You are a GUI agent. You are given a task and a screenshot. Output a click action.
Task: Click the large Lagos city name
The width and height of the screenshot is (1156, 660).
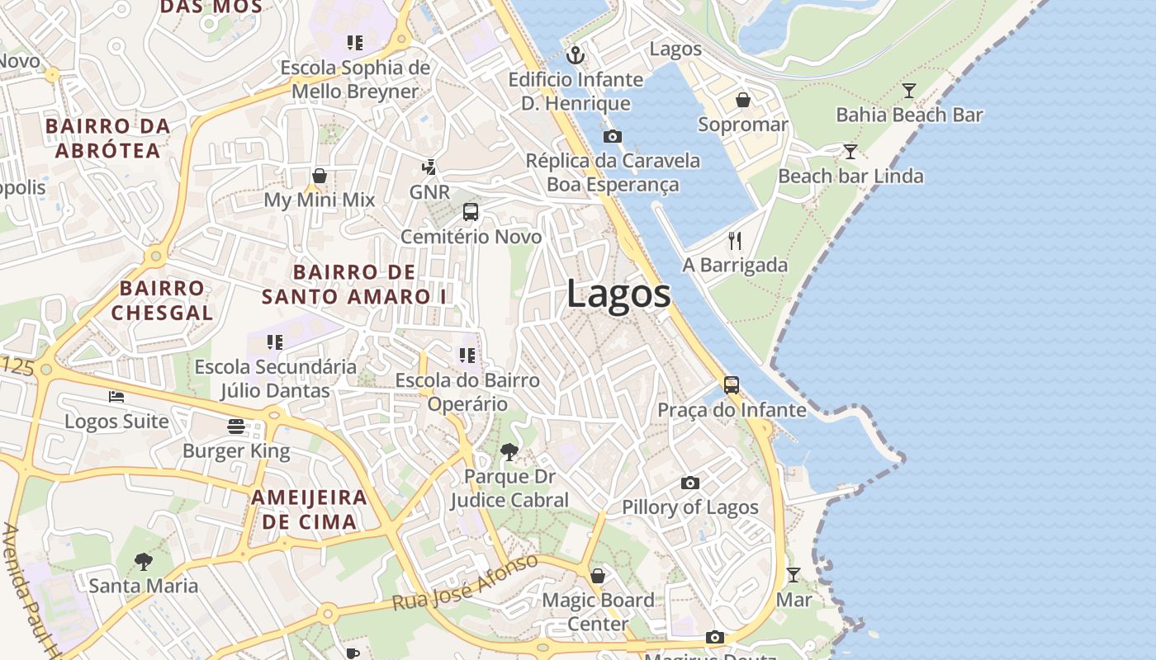(618, 295)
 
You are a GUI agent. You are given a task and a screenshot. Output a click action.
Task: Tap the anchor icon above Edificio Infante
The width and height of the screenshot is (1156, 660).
(576, 56)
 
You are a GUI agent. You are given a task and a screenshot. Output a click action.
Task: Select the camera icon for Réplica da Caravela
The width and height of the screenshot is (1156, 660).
(612, 136)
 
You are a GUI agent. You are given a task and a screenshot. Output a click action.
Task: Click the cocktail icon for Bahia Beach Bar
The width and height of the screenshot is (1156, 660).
(909, 91)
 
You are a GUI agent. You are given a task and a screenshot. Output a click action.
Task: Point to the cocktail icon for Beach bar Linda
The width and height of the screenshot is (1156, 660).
(850, 152)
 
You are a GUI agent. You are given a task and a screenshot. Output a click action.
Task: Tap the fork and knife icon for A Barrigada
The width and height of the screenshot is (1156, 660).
(735, 241)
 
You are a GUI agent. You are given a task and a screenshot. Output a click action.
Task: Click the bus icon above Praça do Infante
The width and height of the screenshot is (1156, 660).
(732, 385)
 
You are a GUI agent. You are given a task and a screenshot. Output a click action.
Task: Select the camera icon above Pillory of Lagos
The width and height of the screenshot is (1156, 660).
(689, 483)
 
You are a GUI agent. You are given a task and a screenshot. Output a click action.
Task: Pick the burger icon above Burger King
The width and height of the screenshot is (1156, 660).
(236, 427)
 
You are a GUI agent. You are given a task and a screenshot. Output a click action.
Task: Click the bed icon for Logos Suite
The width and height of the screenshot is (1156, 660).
(116, 397)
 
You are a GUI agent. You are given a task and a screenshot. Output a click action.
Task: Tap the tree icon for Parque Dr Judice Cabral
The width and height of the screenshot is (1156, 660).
(509, 452)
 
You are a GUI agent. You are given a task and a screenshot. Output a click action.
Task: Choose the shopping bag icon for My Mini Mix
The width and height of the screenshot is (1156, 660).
(320, 176)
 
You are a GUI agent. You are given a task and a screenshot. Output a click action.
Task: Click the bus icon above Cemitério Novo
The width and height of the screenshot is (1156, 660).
(471, 212)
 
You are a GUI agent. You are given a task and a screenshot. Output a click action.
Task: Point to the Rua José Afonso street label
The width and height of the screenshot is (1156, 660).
(465, 583)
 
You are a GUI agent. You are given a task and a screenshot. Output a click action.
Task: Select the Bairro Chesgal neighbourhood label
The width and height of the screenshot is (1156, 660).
(162, 300)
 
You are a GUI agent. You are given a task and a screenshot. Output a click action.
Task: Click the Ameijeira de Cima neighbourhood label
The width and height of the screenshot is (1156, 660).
(309, 509)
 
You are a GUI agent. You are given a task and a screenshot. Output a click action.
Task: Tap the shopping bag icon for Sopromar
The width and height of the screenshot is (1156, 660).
(743, 100)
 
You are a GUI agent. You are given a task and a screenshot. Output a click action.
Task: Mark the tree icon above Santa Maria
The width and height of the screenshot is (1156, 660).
(144, 562)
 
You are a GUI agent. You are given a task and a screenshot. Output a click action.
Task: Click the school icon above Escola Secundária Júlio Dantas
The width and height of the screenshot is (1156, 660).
(275, 342)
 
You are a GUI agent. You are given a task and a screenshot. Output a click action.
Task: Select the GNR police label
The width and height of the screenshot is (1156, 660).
(429, 192)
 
